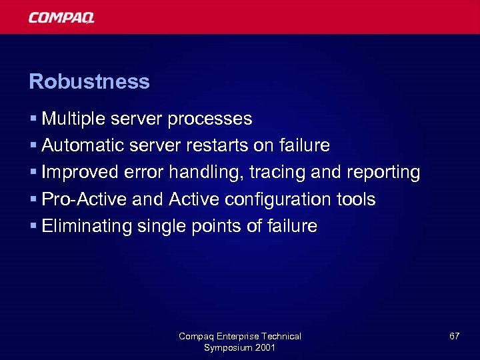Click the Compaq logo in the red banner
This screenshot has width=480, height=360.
coord(61,17)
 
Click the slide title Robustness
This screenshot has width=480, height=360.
coord(89,82)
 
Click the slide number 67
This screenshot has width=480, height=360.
coord(454,337)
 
